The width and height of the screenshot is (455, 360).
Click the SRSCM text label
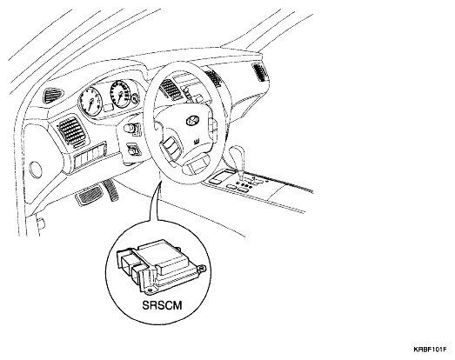[162, 305]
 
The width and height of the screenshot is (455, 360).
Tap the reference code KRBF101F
[430, 350]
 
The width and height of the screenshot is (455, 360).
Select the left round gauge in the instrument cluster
[90, 101]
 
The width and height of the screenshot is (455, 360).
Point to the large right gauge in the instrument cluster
[120, 93]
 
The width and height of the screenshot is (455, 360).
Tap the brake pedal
[89, 195]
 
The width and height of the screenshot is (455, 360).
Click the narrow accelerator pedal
[111, 190]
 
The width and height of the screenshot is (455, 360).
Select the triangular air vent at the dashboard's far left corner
[53, 94]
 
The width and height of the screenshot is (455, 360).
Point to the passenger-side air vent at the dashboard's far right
[259, 71]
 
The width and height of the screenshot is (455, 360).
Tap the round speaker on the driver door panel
[36, 170]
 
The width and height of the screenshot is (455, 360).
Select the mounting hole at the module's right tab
[202, 269]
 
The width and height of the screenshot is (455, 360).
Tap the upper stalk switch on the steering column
[131, 128]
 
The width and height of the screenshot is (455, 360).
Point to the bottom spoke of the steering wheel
[195, 166]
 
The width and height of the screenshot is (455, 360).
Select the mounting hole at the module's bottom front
[150, 290]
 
